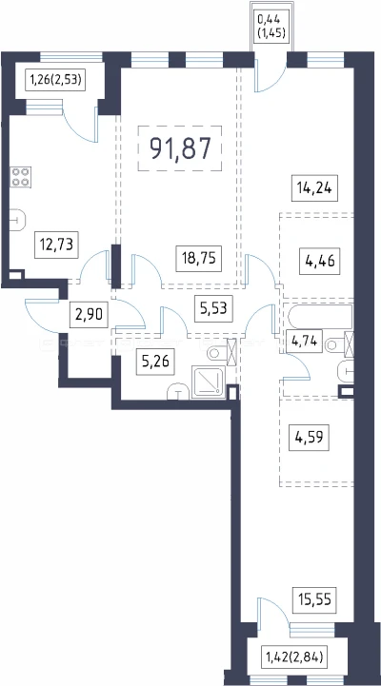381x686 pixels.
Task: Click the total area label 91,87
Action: point(180,148)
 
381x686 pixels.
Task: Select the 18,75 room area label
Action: point(199,258)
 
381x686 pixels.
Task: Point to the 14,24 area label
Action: point(315,189)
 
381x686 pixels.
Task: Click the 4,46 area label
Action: point(320,262)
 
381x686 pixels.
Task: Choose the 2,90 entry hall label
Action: point(89,316)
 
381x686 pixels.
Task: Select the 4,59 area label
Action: point(309,438)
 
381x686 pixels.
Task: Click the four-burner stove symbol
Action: point(21,177)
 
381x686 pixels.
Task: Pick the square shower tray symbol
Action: point(209,382)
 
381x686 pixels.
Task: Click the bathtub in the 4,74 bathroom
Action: point(320,317)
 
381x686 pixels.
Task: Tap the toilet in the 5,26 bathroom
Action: point(219,352)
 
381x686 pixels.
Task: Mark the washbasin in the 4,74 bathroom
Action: point(346,373)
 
